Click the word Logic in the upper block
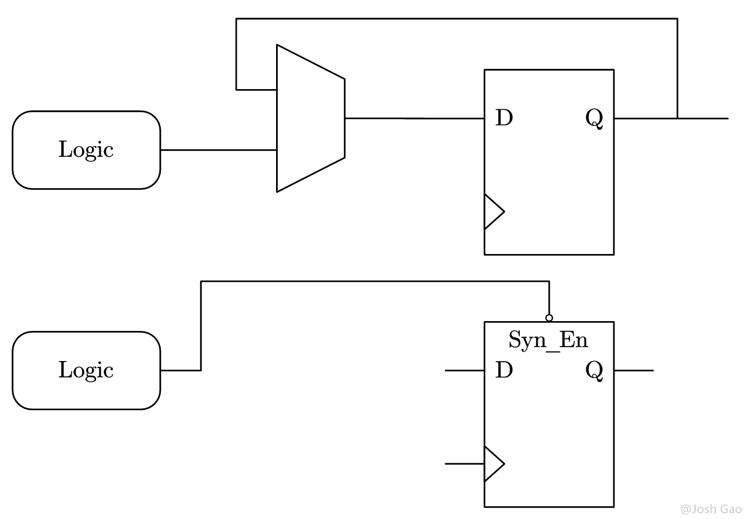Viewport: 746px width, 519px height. click(86, 150)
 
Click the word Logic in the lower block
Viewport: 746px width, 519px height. click(86, 370)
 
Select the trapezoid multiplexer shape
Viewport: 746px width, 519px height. click(310, 118)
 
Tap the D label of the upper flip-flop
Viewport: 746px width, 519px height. click(504, 119)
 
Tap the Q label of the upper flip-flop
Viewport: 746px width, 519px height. click(594, 119)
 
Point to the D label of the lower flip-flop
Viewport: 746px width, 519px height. click(504, 370)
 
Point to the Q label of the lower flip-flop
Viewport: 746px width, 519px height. click(594, 370)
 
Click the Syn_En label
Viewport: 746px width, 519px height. click(548, 340)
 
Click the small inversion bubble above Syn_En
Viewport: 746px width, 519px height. click(549, 318)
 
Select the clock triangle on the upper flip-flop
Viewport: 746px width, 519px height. click(493, 212)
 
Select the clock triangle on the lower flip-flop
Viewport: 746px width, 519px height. click(493, 464)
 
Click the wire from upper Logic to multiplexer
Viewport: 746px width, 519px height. click(218, 150)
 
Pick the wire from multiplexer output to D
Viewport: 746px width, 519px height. click(414, 118)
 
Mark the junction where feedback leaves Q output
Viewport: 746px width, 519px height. click(677, 118)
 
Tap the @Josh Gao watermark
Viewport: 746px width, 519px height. click(711, 509)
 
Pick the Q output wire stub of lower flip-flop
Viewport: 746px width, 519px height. click(634, 370)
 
